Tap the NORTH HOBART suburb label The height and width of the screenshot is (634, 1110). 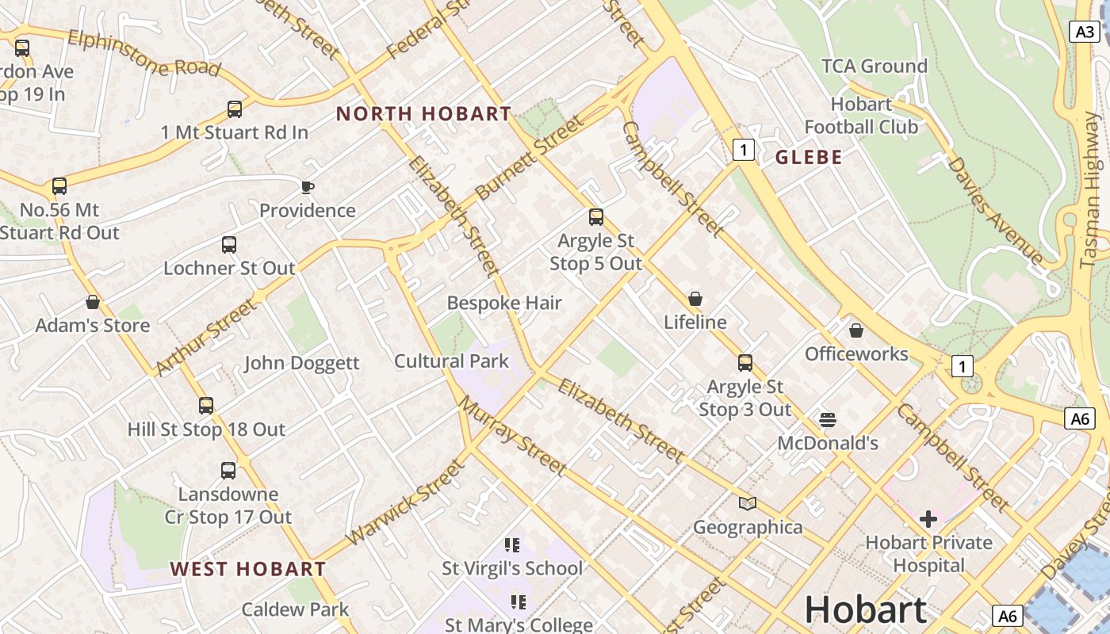[423, 114]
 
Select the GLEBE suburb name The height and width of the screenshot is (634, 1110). [809, 158]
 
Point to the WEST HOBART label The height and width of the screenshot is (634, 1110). [247, 569]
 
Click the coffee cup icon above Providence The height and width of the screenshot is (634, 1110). [308, 187]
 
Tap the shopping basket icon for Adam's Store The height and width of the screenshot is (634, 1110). [93, 302]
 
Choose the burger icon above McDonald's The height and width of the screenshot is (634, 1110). [828, 419]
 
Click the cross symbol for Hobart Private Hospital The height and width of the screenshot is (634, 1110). [928, 519]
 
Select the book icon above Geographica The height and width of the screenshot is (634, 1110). [747, 503]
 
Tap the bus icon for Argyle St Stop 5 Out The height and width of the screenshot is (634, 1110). [596, 216]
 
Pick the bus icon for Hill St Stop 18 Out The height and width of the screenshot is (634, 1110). [206, 406]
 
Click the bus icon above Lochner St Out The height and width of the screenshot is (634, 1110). [229, 244]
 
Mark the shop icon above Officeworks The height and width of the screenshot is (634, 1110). [856, 330]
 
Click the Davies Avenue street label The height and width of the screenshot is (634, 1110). [995, 210]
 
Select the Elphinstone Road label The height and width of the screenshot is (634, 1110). [144, 54]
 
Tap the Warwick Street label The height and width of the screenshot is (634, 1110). [405, 502]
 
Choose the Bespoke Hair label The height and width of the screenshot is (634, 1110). [504, 303]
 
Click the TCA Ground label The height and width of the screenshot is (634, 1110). [875, 66]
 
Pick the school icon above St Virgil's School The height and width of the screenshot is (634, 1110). [512, 544]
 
